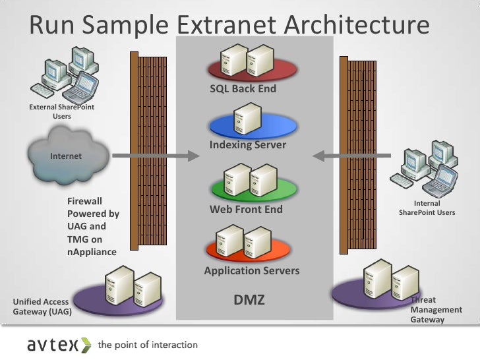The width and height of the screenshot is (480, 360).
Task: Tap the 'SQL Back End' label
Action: coord(243,88)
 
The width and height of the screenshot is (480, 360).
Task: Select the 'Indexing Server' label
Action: coord(248,144)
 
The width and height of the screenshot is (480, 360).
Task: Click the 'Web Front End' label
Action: coord(246,209)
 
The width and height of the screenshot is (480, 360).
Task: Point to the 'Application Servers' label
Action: coord(252,270)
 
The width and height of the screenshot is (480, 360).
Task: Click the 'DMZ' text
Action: coord(250,300)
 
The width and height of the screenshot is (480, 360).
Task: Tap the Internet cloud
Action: coord(66,156)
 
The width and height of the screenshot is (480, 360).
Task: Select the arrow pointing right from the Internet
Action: coord(155,156)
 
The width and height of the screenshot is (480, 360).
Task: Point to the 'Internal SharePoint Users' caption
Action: coord(427,208)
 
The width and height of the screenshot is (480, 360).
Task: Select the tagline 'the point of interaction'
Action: coord(148,345)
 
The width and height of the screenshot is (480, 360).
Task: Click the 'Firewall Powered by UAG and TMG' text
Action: coord(93,226)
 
